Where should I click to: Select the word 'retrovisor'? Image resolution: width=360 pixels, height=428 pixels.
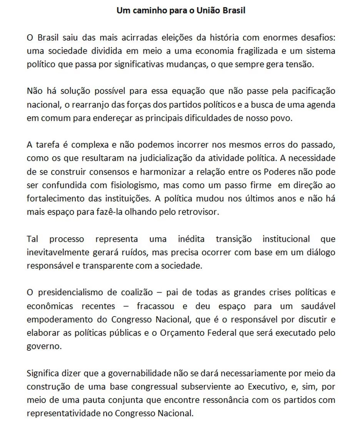(199, 212)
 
